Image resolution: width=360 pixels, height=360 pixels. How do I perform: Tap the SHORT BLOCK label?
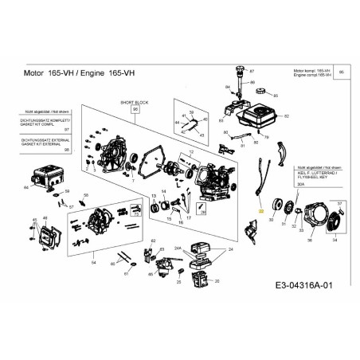(x=134, y=103)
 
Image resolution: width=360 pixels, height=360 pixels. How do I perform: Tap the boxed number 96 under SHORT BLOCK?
(x=135, y=110)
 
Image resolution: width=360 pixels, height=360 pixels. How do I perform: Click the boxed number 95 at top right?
(x=342, y=72)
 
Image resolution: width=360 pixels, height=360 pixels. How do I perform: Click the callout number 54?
(x=93, y=262)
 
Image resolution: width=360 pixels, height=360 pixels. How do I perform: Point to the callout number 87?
(x=252, y=72)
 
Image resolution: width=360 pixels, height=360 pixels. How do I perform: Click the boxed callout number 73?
(x=136, y=214)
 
